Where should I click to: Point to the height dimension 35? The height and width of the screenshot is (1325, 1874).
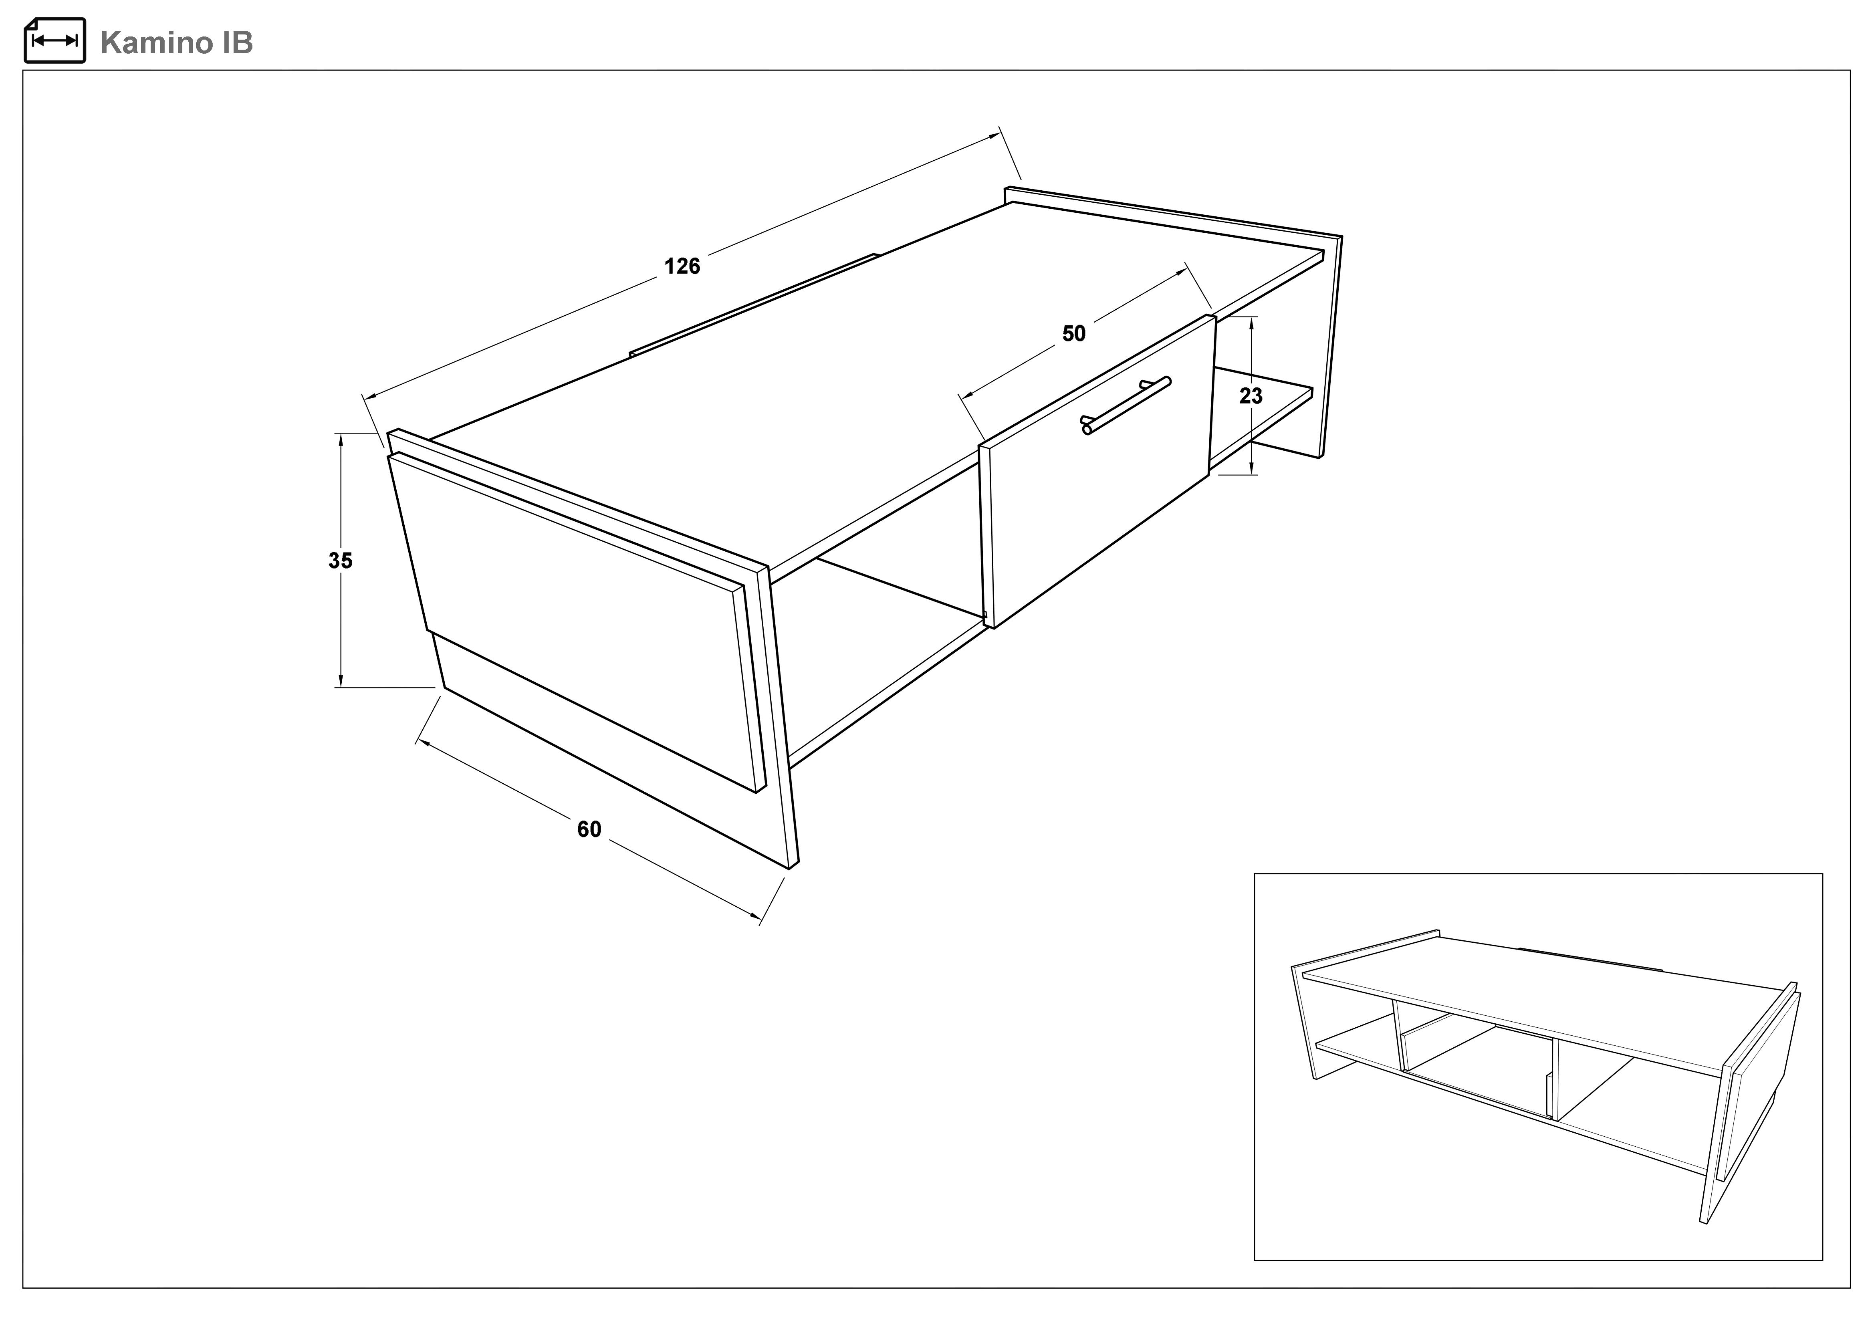click(340, 561)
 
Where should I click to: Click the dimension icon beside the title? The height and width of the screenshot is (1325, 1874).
click(54, 40)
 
